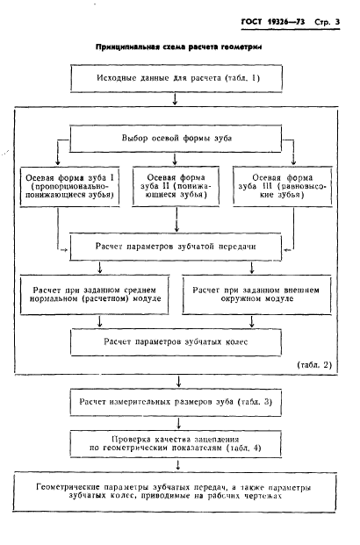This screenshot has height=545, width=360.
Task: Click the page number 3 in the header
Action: click(337, 22)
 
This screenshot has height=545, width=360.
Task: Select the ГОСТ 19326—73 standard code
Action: click(273, 22)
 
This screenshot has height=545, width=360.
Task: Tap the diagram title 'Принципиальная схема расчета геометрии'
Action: click(179, 47)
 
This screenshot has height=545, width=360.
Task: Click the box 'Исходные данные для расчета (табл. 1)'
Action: click(176, 79)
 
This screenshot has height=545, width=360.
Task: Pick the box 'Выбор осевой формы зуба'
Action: click(176, 139)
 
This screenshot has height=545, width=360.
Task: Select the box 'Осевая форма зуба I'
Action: click(70, 187)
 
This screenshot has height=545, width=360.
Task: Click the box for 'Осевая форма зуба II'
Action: click(176, 187)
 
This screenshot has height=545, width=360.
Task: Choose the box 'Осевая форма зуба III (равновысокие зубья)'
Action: click(283, 187)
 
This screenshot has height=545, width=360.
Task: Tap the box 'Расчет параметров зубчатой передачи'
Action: click(176, 247)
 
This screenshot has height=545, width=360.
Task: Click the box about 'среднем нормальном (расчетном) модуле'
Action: click(95, 295)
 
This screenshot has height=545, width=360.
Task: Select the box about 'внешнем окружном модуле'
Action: click(256, 295)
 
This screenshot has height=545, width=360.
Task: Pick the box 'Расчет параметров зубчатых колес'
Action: click(176, 342)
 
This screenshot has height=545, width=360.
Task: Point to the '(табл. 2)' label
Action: click(314, 365)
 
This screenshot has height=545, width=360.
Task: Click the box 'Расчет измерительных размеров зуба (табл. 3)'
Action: click(176, 403)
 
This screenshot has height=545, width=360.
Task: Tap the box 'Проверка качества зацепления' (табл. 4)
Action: click(176, 444)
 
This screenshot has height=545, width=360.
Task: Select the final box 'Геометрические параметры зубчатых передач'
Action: click(175, 491)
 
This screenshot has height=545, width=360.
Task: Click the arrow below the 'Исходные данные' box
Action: click(175, 98)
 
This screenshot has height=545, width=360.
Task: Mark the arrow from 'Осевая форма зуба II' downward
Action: click(176, 219)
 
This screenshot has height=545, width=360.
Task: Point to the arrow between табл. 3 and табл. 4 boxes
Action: click(179, 423)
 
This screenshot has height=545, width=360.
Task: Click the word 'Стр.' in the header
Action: click(322, 22)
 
